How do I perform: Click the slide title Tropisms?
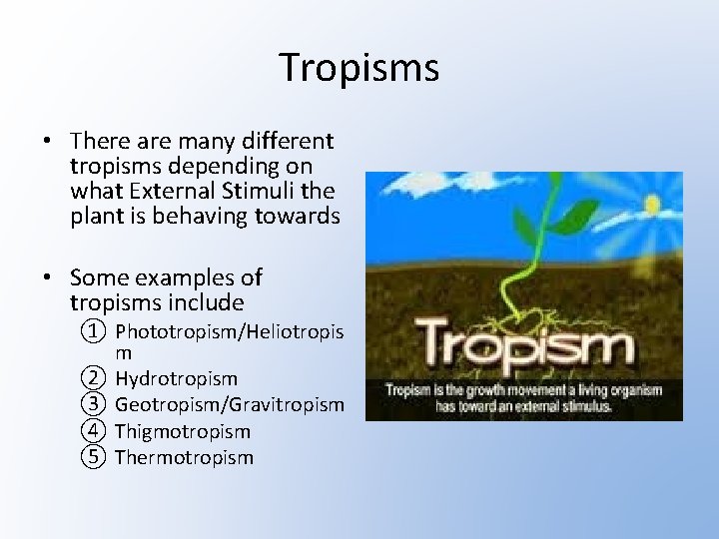point(359,68)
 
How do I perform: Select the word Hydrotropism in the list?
point(176,379)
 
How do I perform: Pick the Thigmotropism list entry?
point(183,431)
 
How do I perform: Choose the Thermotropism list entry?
point(184,457)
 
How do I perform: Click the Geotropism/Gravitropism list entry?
point(230,405)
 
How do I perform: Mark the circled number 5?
point(93,457)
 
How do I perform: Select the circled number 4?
point(93,431)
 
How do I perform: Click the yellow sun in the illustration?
point(654,205)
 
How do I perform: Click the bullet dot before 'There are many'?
point(48,142)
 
